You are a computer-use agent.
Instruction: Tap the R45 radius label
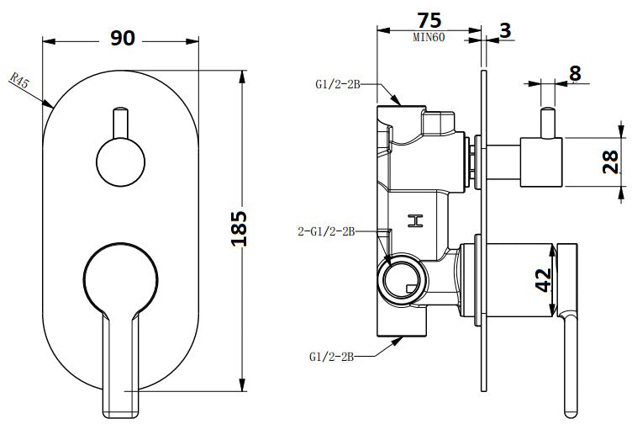tap(21, 82)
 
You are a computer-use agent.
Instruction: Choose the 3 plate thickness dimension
tap(504, 30)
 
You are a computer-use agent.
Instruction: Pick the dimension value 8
tap(575, 73)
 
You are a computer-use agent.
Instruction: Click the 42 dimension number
tap(543, 278)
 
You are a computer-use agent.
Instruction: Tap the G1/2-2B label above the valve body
tap(340, 84)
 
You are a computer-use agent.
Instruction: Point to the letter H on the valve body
tap(413, 221)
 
